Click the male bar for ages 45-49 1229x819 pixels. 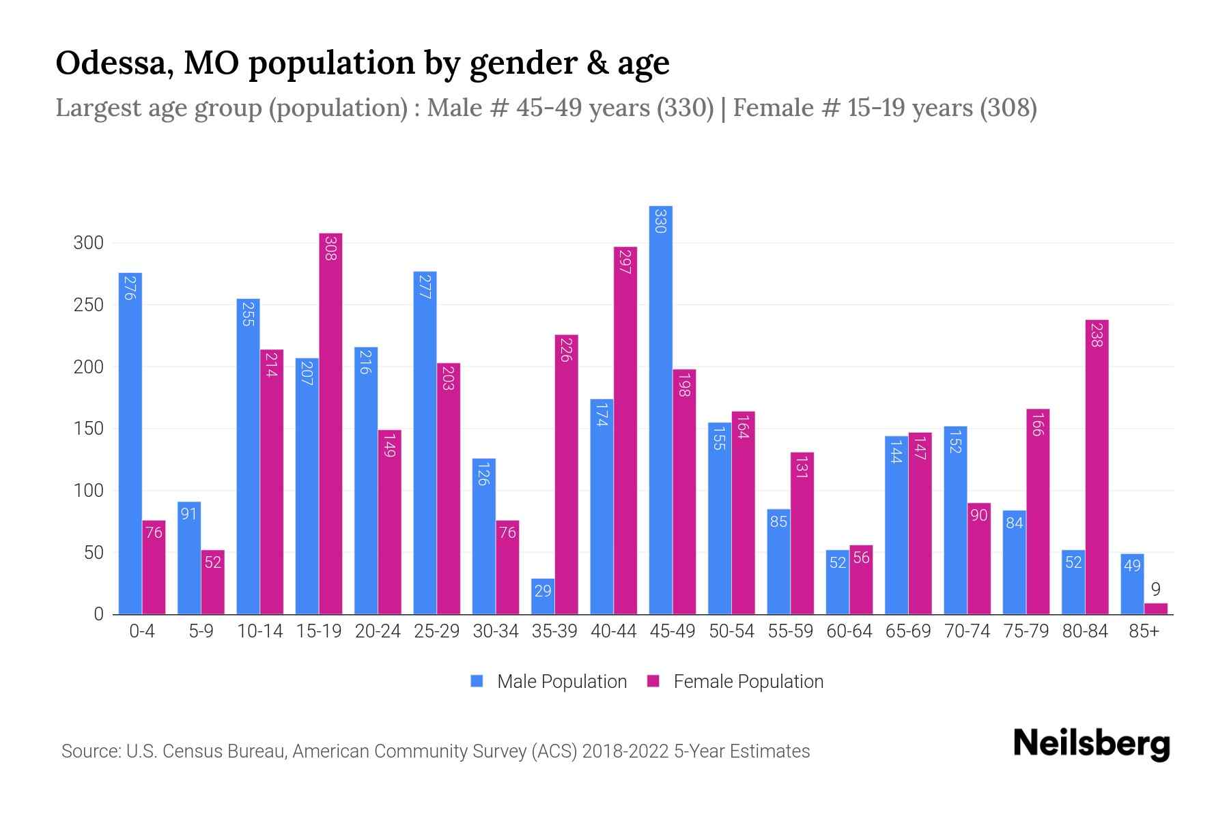point(660,409)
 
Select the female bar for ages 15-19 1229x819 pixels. point(330,423)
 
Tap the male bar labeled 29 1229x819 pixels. point(543,597)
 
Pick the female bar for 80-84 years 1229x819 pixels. point(1097,467)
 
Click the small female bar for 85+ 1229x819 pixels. point(1155,609)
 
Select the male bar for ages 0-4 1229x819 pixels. point(130,444)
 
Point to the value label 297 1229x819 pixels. point(625,261)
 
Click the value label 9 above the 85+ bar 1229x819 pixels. point(1155,590)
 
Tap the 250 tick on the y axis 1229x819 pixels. point(89,305)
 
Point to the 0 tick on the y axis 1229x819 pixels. point(98,614)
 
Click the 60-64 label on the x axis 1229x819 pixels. point(849,631)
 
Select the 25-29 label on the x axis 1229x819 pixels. point(436,631)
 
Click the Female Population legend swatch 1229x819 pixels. point(653,681)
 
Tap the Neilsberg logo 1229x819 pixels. point(1091,744)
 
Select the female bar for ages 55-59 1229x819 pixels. point(802,533)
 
